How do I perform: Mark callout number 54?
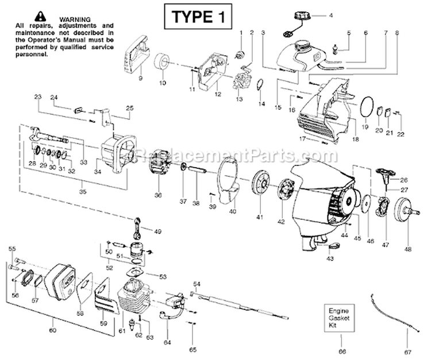[x=197, y=283]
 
